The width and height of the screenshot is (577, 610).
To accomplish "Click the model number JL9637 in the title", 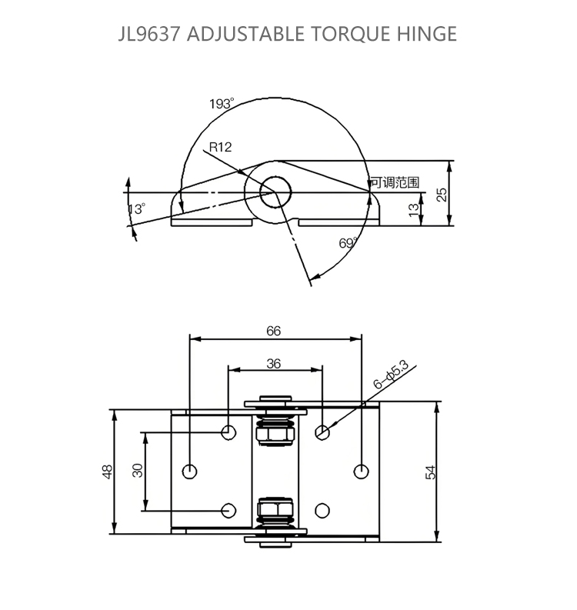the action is coord(149,34).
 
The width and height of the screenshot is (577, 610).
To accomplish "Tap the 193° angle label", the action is coord(222,104).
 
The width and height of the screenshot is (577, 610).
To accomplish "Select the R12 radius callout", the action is coord(220,147).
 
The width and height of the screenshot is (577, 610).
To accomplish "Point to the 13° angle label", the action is coord(137,208).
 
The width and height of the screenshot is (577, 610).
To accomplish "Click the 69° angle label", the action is coord(348,243).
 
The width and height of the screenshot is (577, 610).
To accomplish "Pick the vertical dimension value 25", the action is coord(442,195).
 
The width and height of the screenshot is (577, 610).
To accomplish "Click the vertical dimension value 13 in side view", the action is coord(414,209).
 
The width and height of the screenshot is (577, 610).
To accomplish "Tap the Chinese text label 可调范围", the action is coord(395,182).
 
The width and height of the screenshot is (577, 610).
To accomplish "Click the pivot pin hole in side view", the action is coord(275,192).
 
